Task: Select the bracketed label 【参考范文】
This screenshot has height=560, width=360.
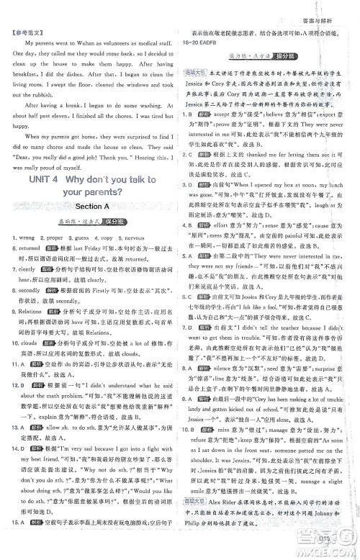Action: coord(24,33)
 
